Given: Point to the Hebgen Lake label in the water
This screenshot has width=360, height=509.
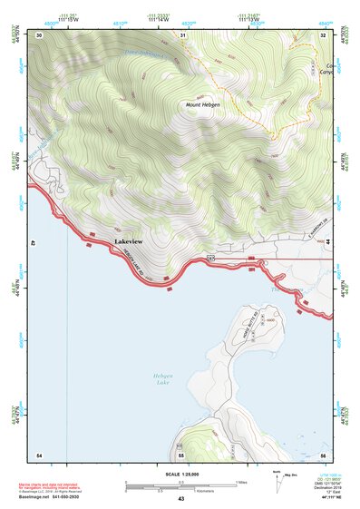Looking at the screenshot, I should coord(161,381).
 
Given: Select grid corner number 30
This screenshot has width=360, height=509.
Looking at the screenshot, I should coord(39,34).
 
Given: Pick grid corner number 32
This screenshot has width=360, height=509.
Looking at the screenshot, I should coord(323,34).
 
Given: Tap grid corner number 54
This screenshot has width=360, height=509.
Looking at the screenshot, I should coord(39,454).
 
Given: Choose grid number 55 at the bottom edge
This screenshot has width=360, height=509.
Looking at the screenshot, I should coord(181,454).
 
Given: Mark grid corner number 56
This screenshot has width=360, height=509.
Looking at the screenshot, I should coord(323,454).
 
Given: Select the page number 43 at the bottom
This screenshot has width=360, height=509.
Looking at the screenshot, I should coord(181,500).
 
